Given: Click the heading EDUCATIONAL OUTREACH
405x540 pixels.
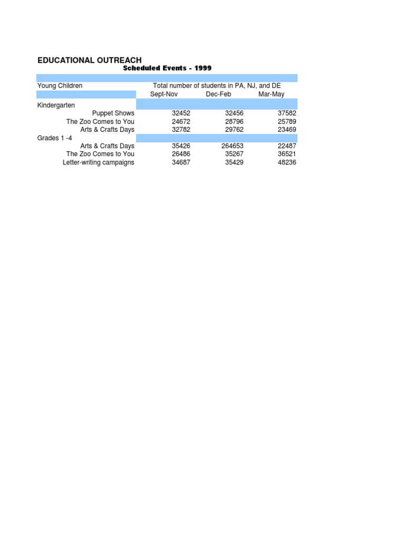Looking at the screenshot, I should click(x=90, y=60).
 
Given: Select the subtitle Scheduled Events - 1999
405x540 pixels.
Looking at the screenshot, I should click(x=167, y=68).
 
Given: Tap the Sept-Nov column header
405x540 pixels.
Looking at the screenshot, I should click(x=164, y=94).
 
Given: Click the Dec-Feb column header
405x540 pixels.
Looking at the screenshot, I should click(x=218, y=94).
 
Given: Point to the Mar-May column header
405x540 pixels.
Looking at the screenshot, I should click(x=271, y=94).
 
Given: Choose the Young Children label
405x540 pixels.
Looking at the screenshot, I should click(x=60, y=85).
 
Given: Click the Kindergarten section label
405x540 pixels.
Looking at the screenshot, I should click(x=56, y=105).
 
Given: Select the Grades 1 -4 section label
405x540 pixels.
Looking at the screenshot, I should click(x=54, y=138).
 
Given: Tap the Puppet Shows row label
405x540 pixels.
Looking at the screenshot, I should click(x=113, y=113).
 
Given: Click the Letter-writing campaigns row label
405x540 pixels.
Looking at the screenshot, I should click(x=99, y=162).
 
